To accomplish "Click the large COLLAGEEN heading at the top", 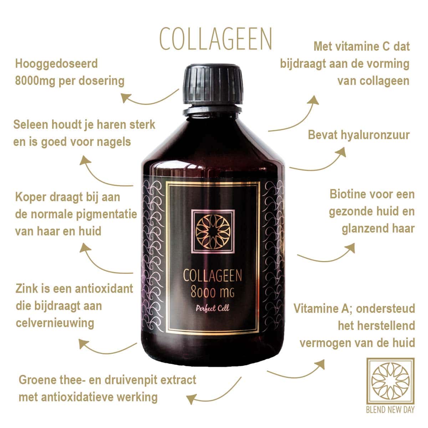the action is tap(216, 39).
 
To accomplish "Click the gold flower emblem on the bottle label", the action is tap(213, 231).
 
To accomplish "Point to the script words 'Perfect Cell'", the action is tap(213, 309).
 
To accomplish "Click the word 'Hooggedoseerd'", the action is tap(56, 64).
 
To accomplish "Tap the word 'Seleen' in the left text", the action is tap(31, 124).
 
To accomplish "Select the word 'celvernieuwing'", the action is tap(55, 323).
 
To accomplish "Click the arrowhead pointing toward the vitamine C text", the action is tap(313, 101).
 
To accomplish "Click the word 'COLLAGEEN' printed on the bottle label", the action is tap(213, 276).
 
